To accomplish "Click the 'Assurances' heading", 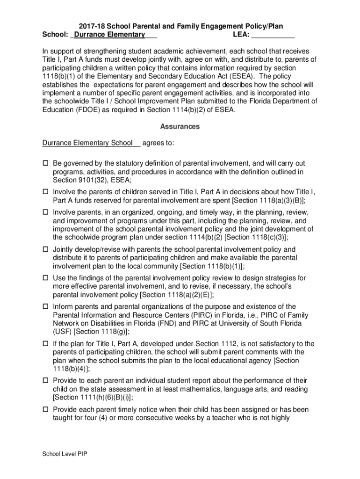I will coord(180,127).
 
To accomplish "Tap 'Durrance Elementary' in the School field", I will coord(109,35).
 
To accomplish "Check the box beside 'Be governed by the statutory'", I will coord(46,164).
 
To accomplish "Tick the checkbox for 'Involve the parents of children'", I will coord(46,192).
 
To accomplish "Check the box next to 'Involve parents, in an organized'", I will coord(46,213).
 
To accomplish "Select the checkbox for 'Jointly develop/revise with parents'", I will coord(46,250).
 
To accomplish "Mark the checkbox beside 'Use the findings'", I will coord(46,278).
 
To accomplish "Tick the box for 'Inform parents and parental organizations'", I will coord(46,307).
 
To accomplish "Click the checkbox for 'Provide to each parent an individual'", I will coord(46,381).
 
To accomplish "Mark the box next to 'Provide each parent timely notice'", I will coord(46,410).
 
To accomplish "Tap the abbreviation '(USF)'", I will coord(63,332).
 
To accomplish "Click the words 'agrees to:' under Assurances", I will coord(158,143).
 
